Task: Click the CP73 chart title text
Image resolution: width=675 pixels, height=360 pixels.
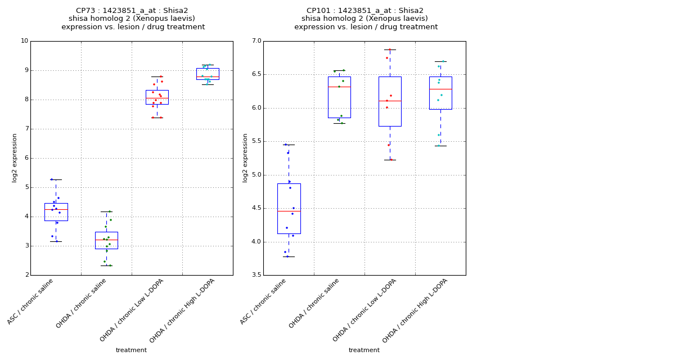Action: pos(133,19)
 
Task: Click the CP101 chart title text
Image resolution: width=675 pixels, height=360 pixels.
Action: pos(366,19)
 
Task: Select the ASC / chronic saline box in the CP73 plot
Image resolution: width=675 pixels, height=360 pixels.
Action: pos(56,212)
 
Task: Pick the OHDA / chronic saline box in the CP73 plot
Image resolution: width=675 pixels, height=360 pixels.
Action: pos(106,240)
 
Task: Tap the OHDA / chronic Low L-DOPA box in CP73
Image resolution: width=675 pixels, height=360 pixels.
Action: pos(157,97)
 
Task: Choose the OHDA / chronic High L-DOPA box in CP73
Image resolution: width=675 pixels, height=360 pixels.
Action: pos(208,74)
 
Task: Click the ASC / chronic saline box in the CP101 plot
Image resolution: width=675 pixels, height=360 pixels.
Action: pos(289,208)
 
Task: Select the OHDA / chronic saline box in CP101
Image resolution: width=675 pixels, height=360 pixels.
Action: pos(339,97)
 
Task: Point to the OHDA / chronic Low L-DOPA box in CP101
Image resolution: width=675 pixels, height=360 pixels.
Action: pos(390,101)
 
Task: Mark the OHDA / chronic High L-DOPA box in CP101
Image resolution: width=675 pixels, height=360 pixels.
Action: pos(440,93)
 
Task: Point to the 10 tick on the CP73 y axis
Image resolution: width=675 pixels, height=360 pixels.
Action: pos(24,41)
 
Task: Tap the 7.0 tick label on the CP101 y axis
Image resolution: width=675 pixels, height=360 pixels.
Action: pos(256,41)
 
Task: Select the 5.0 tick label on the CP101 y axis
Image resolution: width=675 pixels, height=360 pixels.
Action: pos(256,175)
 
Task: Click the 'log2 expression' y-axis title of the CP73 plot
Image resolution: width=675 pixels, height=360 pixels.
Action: pos(15,157)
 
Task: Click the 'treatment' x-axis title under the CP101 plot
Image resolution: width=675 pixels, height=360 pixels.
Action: pos(364,350)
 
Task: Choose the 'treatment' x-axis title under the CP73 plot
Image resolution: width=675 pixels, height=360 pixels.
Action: pos(131,350)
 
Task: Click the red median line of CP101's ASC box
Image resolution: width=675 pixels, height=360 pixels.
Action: pos(289,211)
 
